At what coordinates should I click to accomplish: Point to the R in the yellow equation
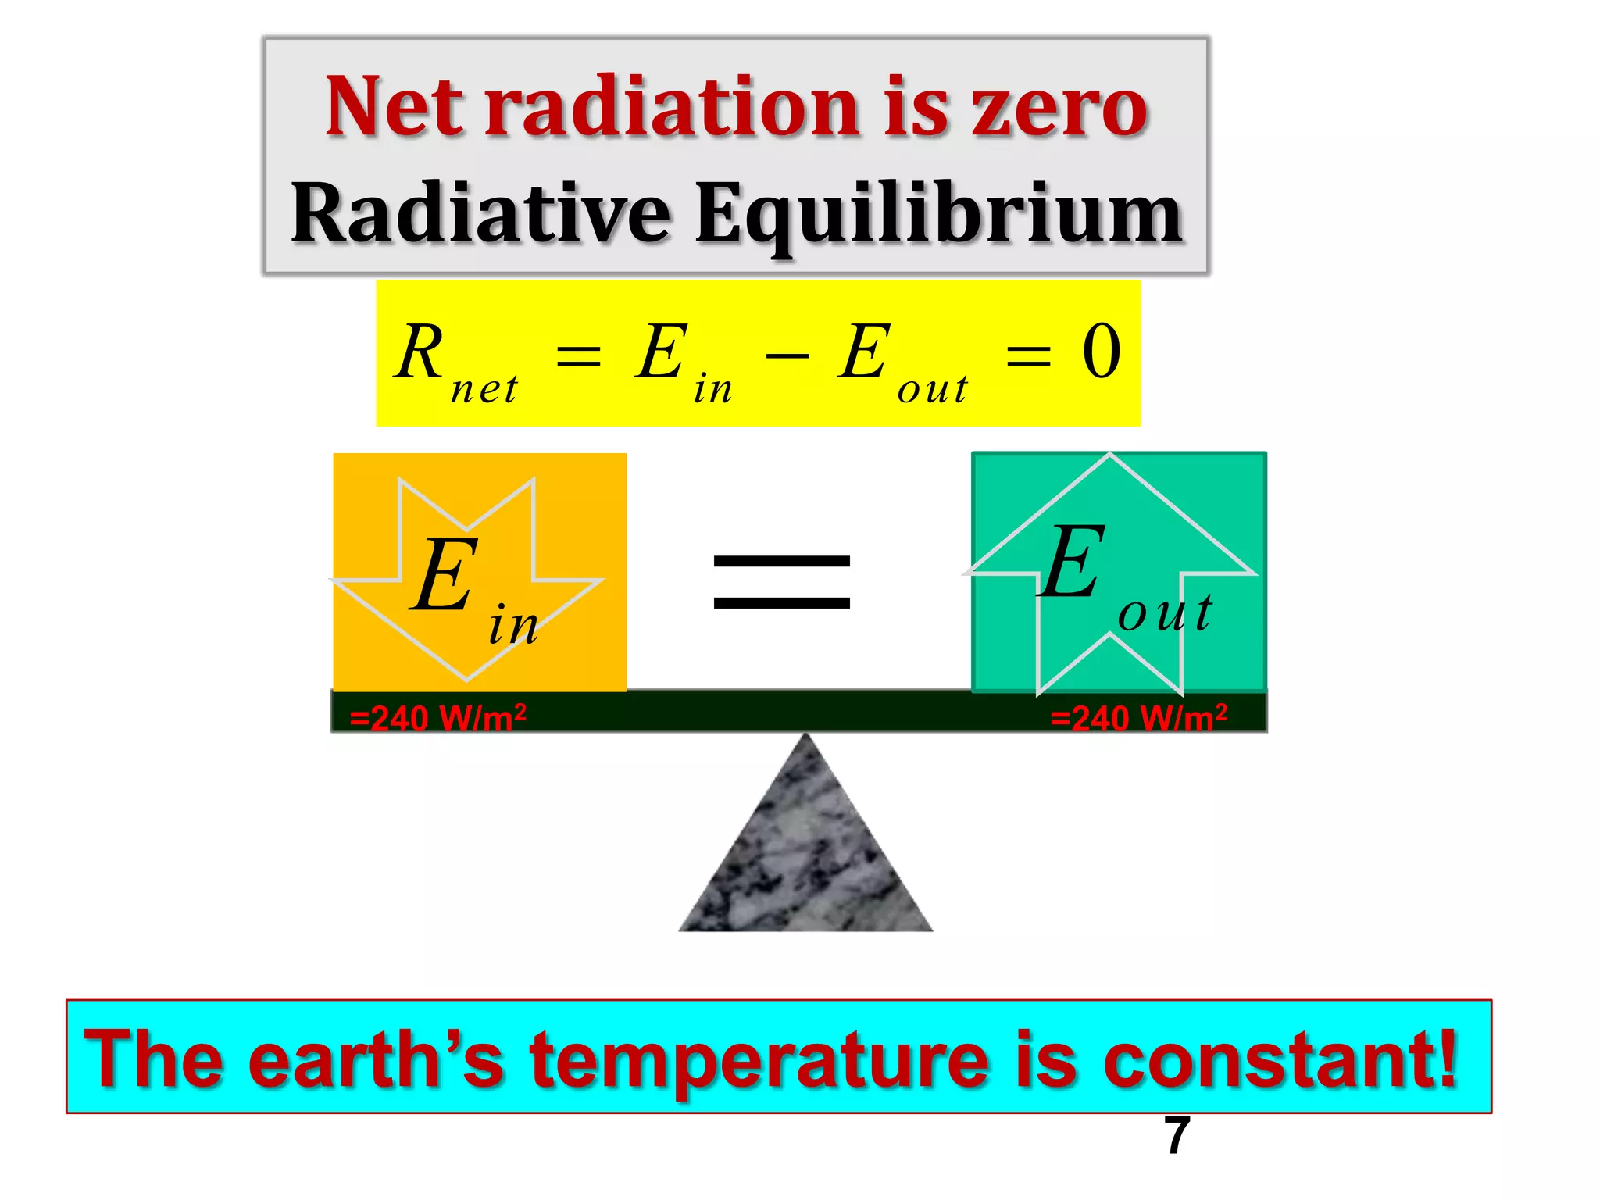pos(420,352)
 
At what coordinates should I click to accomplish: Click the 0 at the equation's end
pos(1102,352)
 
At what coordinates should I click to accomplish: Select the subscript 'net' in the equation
pos(484,388)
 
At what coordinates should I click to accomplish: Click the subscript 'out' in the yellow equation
pos(933,388)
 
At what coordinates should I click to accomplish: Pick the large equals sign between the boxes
pos(781,581)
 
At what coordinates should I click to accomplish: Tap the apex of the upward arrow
pos(1110,456)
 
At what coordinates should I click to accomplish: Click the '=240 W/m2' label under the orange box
pos(437,717)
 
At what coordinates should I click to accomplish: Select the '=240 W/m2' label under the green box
pos(1138,717)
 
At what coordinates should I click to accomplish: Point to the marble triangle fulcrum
pos(805,852)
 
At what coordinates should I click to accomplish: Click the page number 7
pos(1177,1135)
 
